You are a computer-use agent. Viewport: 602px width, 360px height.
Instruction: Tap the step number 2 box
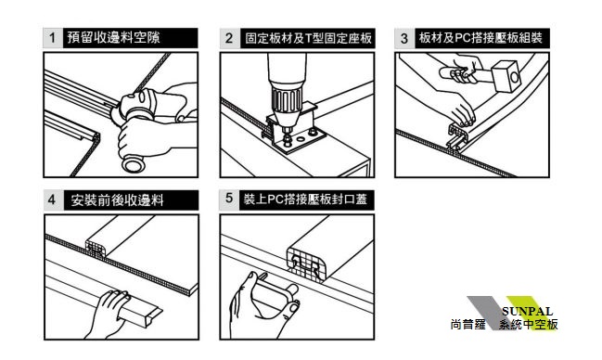click(230, 38)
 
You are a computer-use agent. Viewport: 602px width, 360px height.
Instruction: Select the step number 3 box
click(404, 38)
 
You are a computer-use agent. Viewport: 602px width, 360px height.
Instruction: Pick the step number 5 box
click(229, 199)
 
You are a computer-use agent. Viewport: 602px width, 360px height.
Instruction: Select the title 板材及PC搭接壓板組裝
click(480, 38)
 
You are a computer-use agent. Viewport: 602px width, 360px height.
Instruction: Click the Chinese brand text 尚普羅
click(468, 325)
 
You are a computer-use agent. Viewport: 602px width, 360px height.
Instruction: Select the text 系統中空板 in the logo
click(529, 325)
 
